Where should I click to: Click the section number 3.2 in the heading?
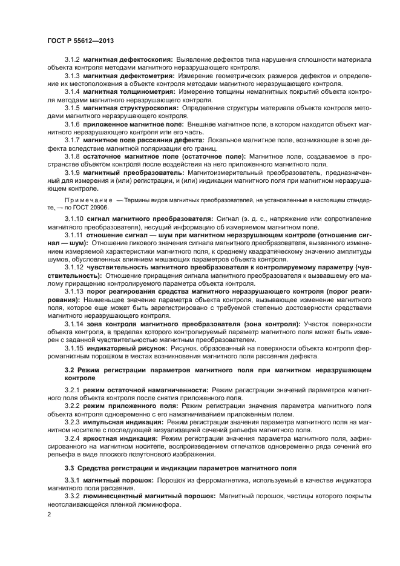[x=70, y=369]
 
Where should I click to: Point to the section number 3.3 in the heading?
[x=70, y=468]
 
